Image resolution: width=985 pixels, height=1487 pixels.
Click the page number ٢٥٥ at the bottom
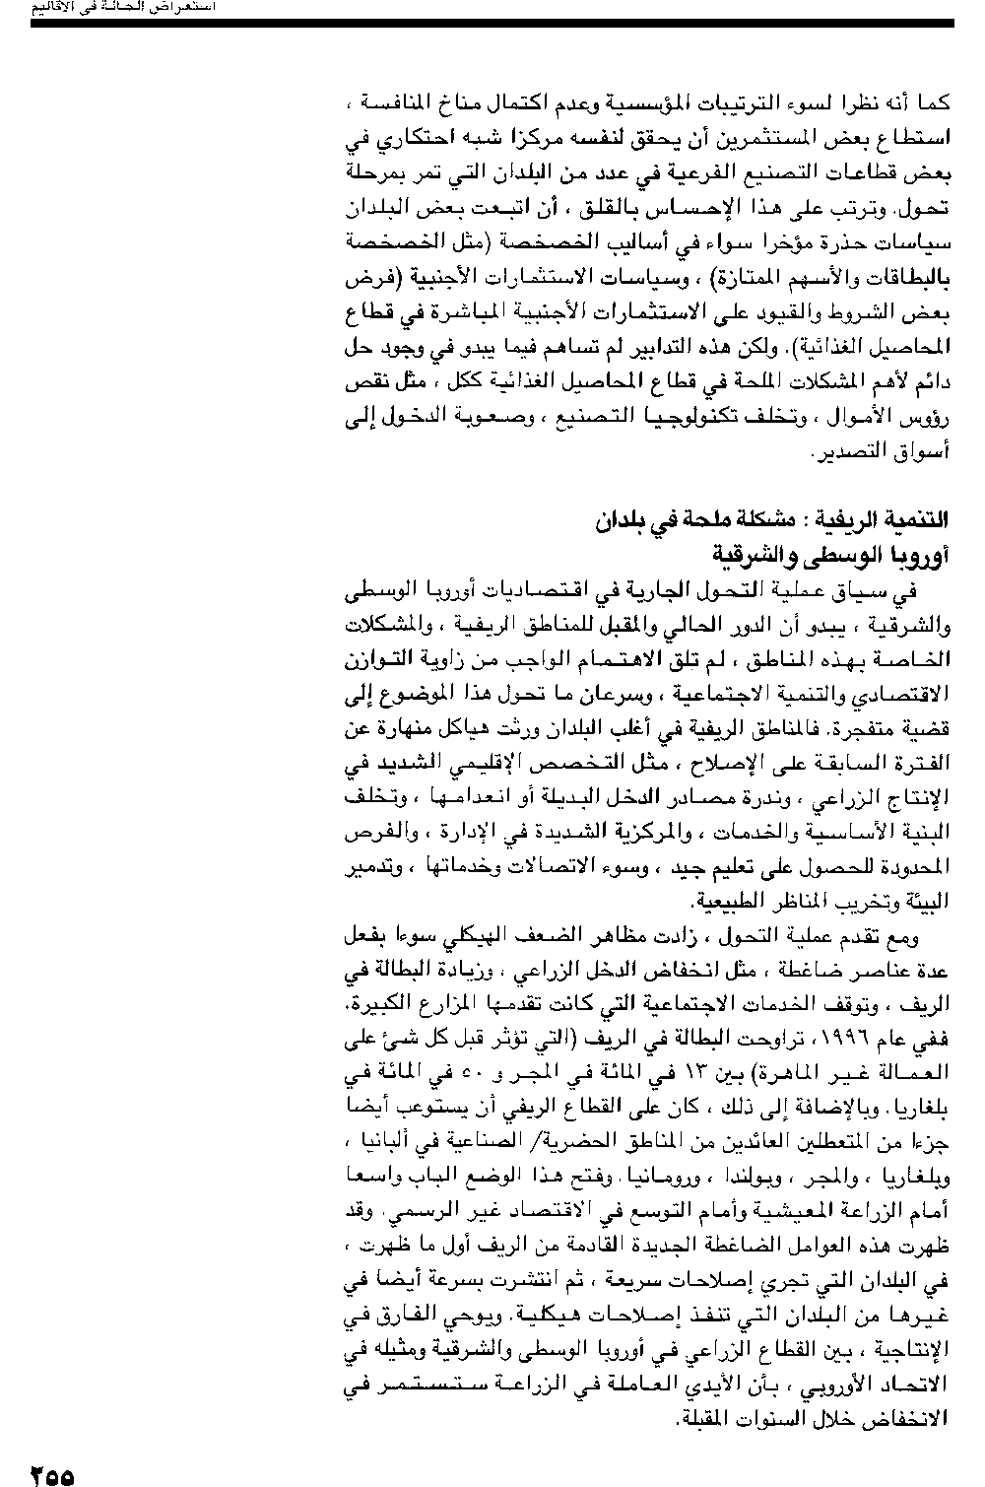[x=52, y=1475]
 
